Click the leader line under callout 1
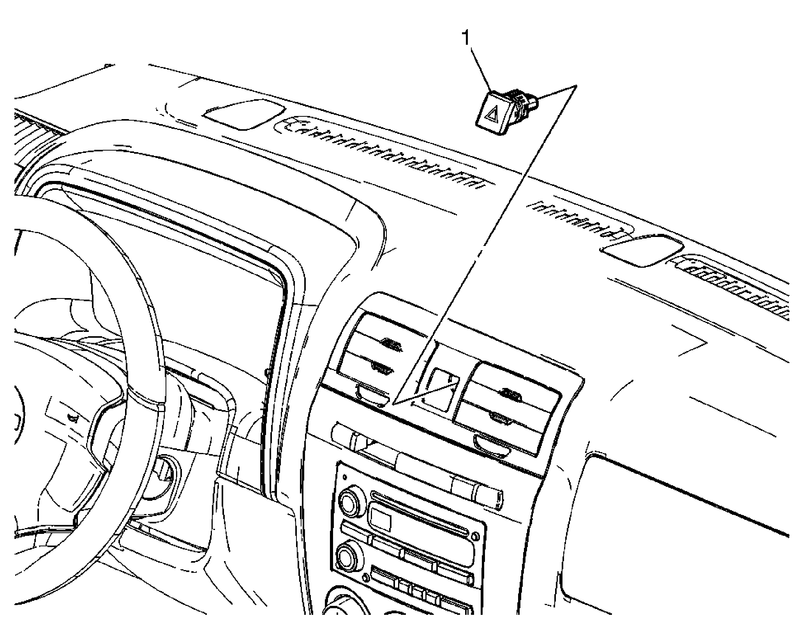click(480, 69)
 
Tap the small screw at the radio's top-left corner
click(345, 477)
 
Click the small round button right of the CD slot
click(476, 537)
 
